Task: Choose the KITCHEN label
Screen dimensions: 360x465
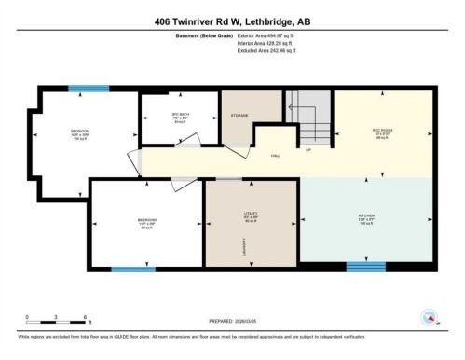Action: coord(366,216)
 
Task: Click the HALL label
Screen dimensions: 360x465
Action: coord(276,156)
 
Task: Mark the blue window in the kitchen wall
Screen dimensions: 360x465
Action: coord(365,267)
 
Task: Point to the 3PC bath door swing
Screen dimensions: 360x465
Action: coord(186,143)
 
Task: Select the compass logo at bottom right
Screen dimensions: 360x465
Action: coord(430,317)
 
